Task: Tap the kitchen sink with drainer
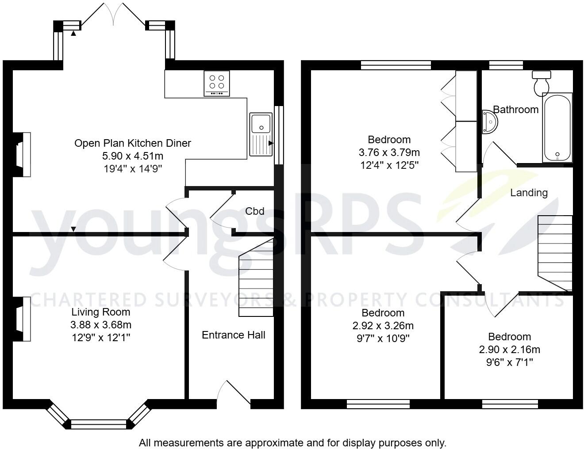coord(261,134)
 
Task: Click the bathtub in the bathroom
coord(557,128)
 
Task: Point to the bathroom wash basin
coord(489,121)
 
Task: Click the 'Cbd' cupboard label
coord(255,211)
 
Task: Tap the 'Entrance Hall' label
coord(233,335)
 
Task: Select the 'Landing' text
coord(529,193)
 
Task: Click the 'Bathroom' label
coord(516,110)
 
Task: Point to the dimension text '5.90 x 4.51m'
coord(133,156)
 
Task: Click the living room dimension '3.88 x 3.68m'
coord(101,325)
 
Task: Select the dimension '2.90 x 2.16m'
coord(509,350)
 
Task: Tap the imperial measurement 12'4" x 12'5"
coord(389,165)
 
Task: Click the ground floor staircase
coord(256,278)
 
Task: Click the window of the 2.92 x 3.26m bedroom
coord(378,403)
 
